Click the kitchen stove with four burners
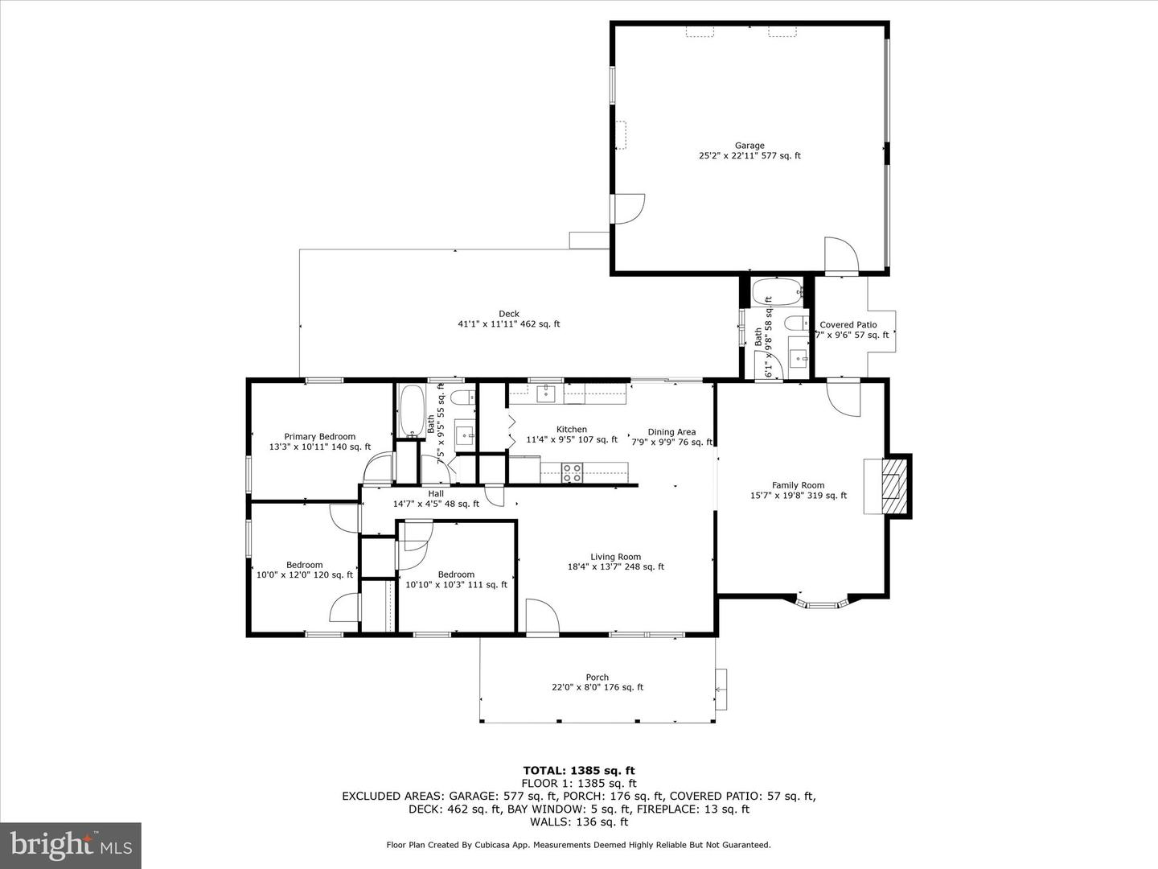572,473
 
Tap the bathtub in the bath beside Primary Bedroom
411,411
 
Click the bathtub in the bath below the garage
778,291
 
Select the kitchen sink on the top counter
546,393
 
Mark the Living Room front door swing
542,617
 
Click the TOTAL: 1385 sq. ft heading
579,770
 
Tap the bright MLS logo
71,845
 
